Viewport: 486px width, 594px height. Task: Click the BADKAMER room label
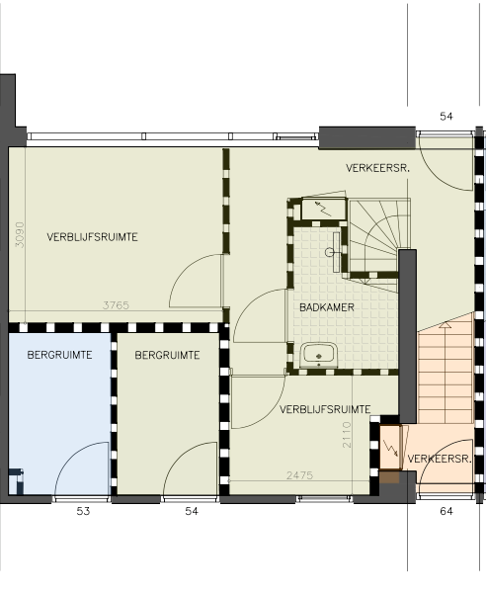327,307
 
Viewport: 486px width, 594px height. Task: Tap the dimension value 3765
116,305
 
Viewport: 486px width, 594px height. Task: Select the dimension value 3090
20,235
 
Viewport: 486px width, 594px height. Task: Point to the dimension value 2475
299,475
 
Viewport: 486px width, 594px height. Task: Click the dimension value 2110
347,435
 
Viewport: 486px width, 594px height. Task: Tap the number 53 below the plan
83,511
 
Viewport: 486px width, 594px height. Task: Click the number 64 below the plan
446,511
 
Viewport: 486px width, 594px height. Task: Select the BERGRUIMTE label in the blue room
59,355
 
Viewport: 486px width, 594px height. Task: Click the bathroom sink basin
319,355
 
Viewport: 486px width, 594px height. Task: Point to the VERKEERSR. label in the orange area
440,459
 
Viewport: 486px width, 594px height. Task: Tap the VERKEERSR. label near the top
377,168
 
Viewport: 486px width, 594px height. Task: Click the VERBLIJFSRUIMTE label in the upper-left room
92,237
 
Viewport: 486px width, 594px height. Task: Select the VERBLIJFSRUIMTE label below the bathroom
325,409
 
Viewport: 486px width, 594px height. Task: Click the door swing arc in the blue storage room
72,453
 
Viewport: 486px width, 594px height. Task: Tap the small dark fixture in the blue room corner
16,481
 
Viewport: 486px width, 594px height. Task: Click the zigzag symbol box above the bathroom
324,209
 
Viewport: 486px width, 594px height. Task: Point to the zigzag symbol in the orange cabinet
390,448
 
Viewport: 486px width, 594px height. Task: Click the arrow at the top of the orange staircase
445,324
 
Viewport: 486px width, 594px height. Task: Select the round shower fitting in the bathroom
329,252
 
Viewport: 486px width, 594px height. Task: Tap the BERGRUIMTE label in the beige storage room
167,355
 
